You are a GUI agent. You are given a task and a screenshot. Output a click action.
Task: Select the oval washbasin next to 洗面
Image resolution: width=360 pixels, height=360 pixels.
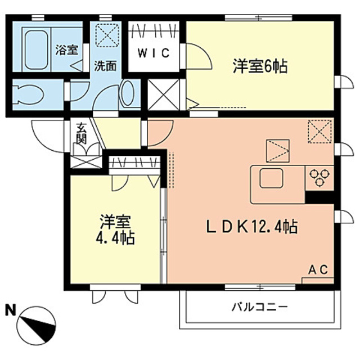point(128,94)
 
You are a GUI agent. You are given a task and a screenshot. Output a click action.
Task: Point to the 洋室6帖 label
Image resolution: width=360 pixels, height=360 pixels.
point(260,67)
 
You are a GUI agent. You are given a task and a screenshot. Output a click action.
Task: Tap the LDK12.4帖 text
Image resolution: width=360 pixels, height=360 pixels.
point(251,228)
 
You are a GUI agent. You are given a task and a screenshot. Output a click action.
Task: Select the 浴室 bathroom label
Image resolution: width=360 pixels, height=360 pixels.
point(67,49)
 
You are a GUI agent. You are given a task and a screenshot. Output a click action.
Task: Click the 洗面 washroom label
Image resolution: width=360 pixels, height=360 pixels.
point(106,65)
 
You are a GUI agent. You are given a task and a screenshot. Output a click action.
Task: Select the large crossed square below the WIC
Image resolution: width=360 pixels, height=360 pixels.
point(163,94)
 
